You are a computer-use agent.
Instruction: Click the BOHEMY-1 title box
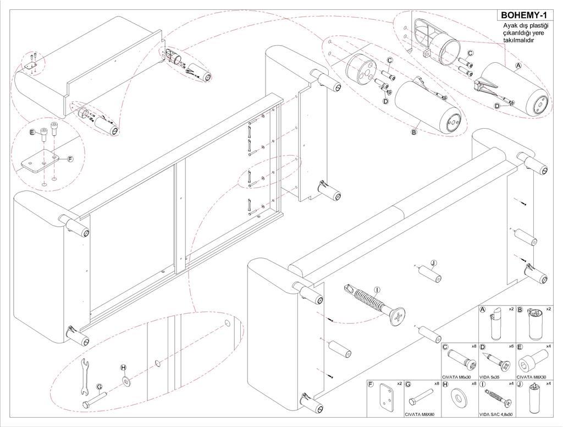525,15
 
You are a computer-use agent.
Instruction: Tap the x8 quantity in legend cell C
473,346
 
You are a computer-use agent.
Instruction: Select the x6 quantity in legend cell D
511,346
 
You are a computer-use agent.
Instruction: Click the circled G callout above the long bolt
100,387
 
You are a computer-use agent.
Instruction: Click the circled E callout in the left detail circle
31,132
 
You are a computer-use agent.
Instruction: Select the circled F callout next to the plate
70,159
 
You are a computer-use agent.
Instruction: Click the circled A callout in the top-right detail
517,65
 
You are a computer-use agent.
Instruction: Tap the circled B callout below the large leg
414,132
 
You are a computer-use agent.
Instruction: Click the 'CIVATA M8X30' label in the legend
534,376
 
